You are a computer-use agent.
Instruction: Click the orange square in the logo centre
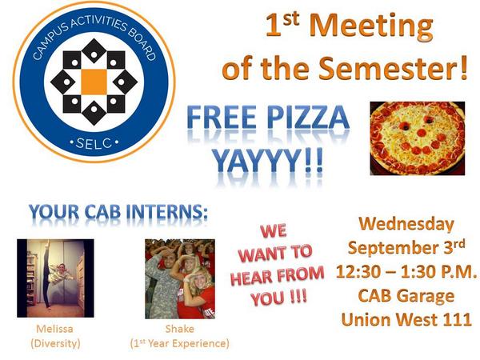(x=93, y=81)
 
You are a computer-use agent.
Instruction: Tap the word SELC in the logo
(x=93, y=142)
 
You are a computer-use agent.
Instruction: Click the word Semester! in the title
(x=401, y=69)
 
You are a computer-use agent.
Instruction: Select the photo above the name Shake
(x=180, y=278)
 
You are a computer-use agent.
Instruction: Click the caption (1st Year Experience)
(x=179, y=344)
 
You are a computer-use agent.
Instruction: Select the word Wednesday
(x=406, y=224)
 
